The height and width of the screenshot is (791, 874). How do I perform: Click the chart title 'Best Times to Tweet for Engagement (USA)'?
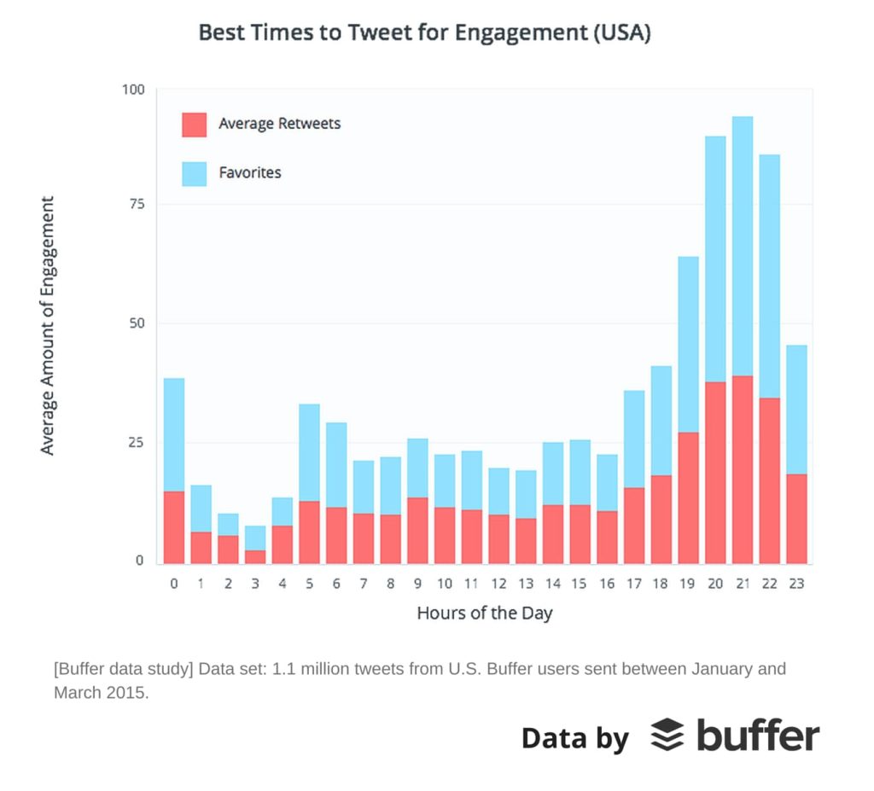[x=425, y=32]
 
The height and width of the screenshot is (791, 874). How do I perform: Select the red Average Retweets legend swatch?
[x=194, y=125]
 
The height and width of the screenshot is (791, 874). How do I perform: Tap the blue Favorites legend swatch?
[x=194, y=174]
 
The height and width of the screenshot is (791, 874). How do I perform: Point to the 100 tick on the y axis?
[x=133, y=90]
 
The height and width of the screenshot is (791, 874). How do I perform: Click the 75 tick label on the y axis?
[x=137, y=204]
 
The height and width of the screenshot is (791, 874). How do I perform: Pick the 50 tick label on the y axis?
[x=137, y=323]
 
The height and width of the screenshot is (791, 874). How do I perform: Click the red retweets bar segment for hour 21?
[x=743, y=470]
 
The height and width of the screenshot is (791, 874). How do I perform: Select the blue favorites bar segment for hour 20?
[x=715, y=259]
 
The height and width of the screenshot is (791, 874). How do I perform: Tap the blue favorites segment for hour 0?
[x=174, y=435]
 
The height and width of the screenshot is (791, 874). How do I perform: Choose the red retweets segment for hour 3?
[x=255, y=557]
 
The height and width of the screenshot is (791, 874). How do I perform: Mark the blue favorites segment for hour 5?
[x=309, y=452]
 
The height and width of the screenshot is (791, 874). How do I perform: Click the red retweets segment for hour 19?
[x=689, y=498]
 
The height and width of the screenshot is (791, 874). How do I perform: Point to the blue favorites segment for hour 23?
[x=796, y=410]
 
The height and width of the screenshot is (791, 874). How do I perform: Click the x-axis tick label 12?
[x=498, y=584]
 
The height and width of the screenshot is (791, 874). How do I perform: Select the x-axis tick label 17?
[x=634, y=584]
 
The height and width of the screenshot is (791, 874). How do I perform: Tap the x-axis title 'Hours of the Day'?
[x=485, y=614]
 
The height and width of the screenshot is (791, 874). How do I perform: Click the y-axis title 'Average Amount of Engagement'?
[x=48, y=326]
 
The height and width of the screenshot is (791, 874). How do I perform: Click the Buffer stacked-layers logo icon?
[x=667, y=735]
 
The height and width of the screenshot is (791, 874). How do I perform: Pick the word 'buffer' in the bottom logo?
[x=758, y=736]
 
